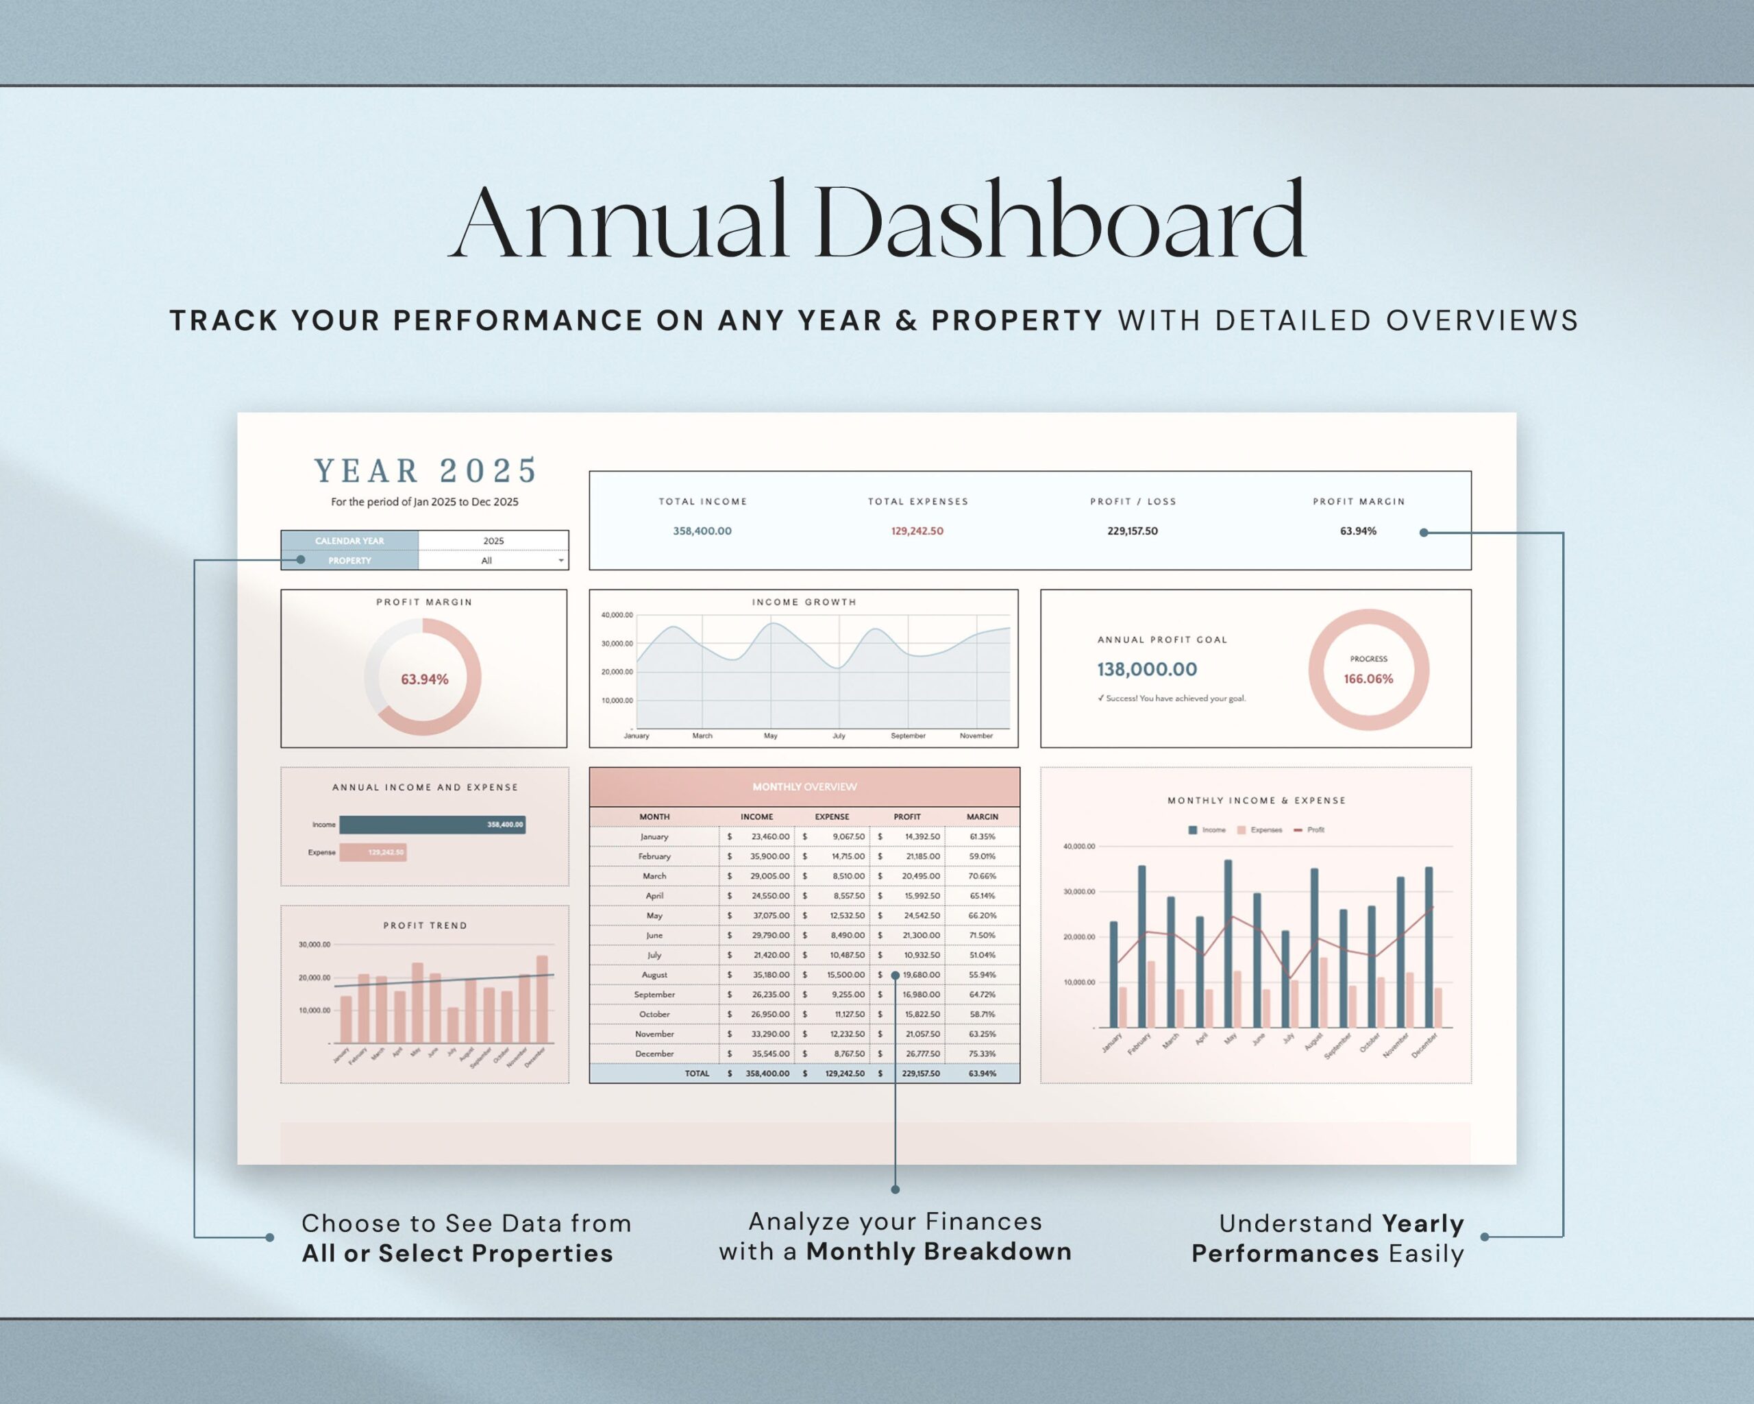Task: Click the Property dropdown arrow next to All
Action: point(560,561)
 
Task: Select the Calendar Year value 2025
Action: point(493,540)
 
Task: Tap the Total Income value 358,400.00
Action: point(702,531)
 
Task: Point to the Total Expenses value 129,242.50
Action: point(917,531)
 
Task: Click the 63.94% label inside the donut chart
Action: point(424,679)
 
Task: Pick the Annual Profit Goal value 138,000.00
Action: point(1146,669)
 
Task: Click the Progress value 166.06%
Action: point(1368,679)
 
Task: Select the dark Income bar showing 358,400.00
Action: point(432,825)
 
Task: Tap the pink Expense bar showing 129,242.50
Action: point(373,852)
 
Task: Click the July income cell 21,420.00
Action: point(770,955)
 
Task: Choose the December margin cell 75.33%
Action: point(982,1053)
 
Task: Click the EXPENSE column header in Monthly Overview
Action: point(832,816)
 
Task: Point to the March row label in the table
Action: point(654,875)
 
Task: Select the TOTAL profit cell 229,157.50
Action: point(920,1074)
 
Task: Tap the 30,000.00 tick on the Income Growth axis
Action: point(617,644)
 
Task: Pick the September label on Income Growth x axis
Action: point(907,736)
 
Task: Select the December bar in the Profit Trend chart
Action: point(543,999)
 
